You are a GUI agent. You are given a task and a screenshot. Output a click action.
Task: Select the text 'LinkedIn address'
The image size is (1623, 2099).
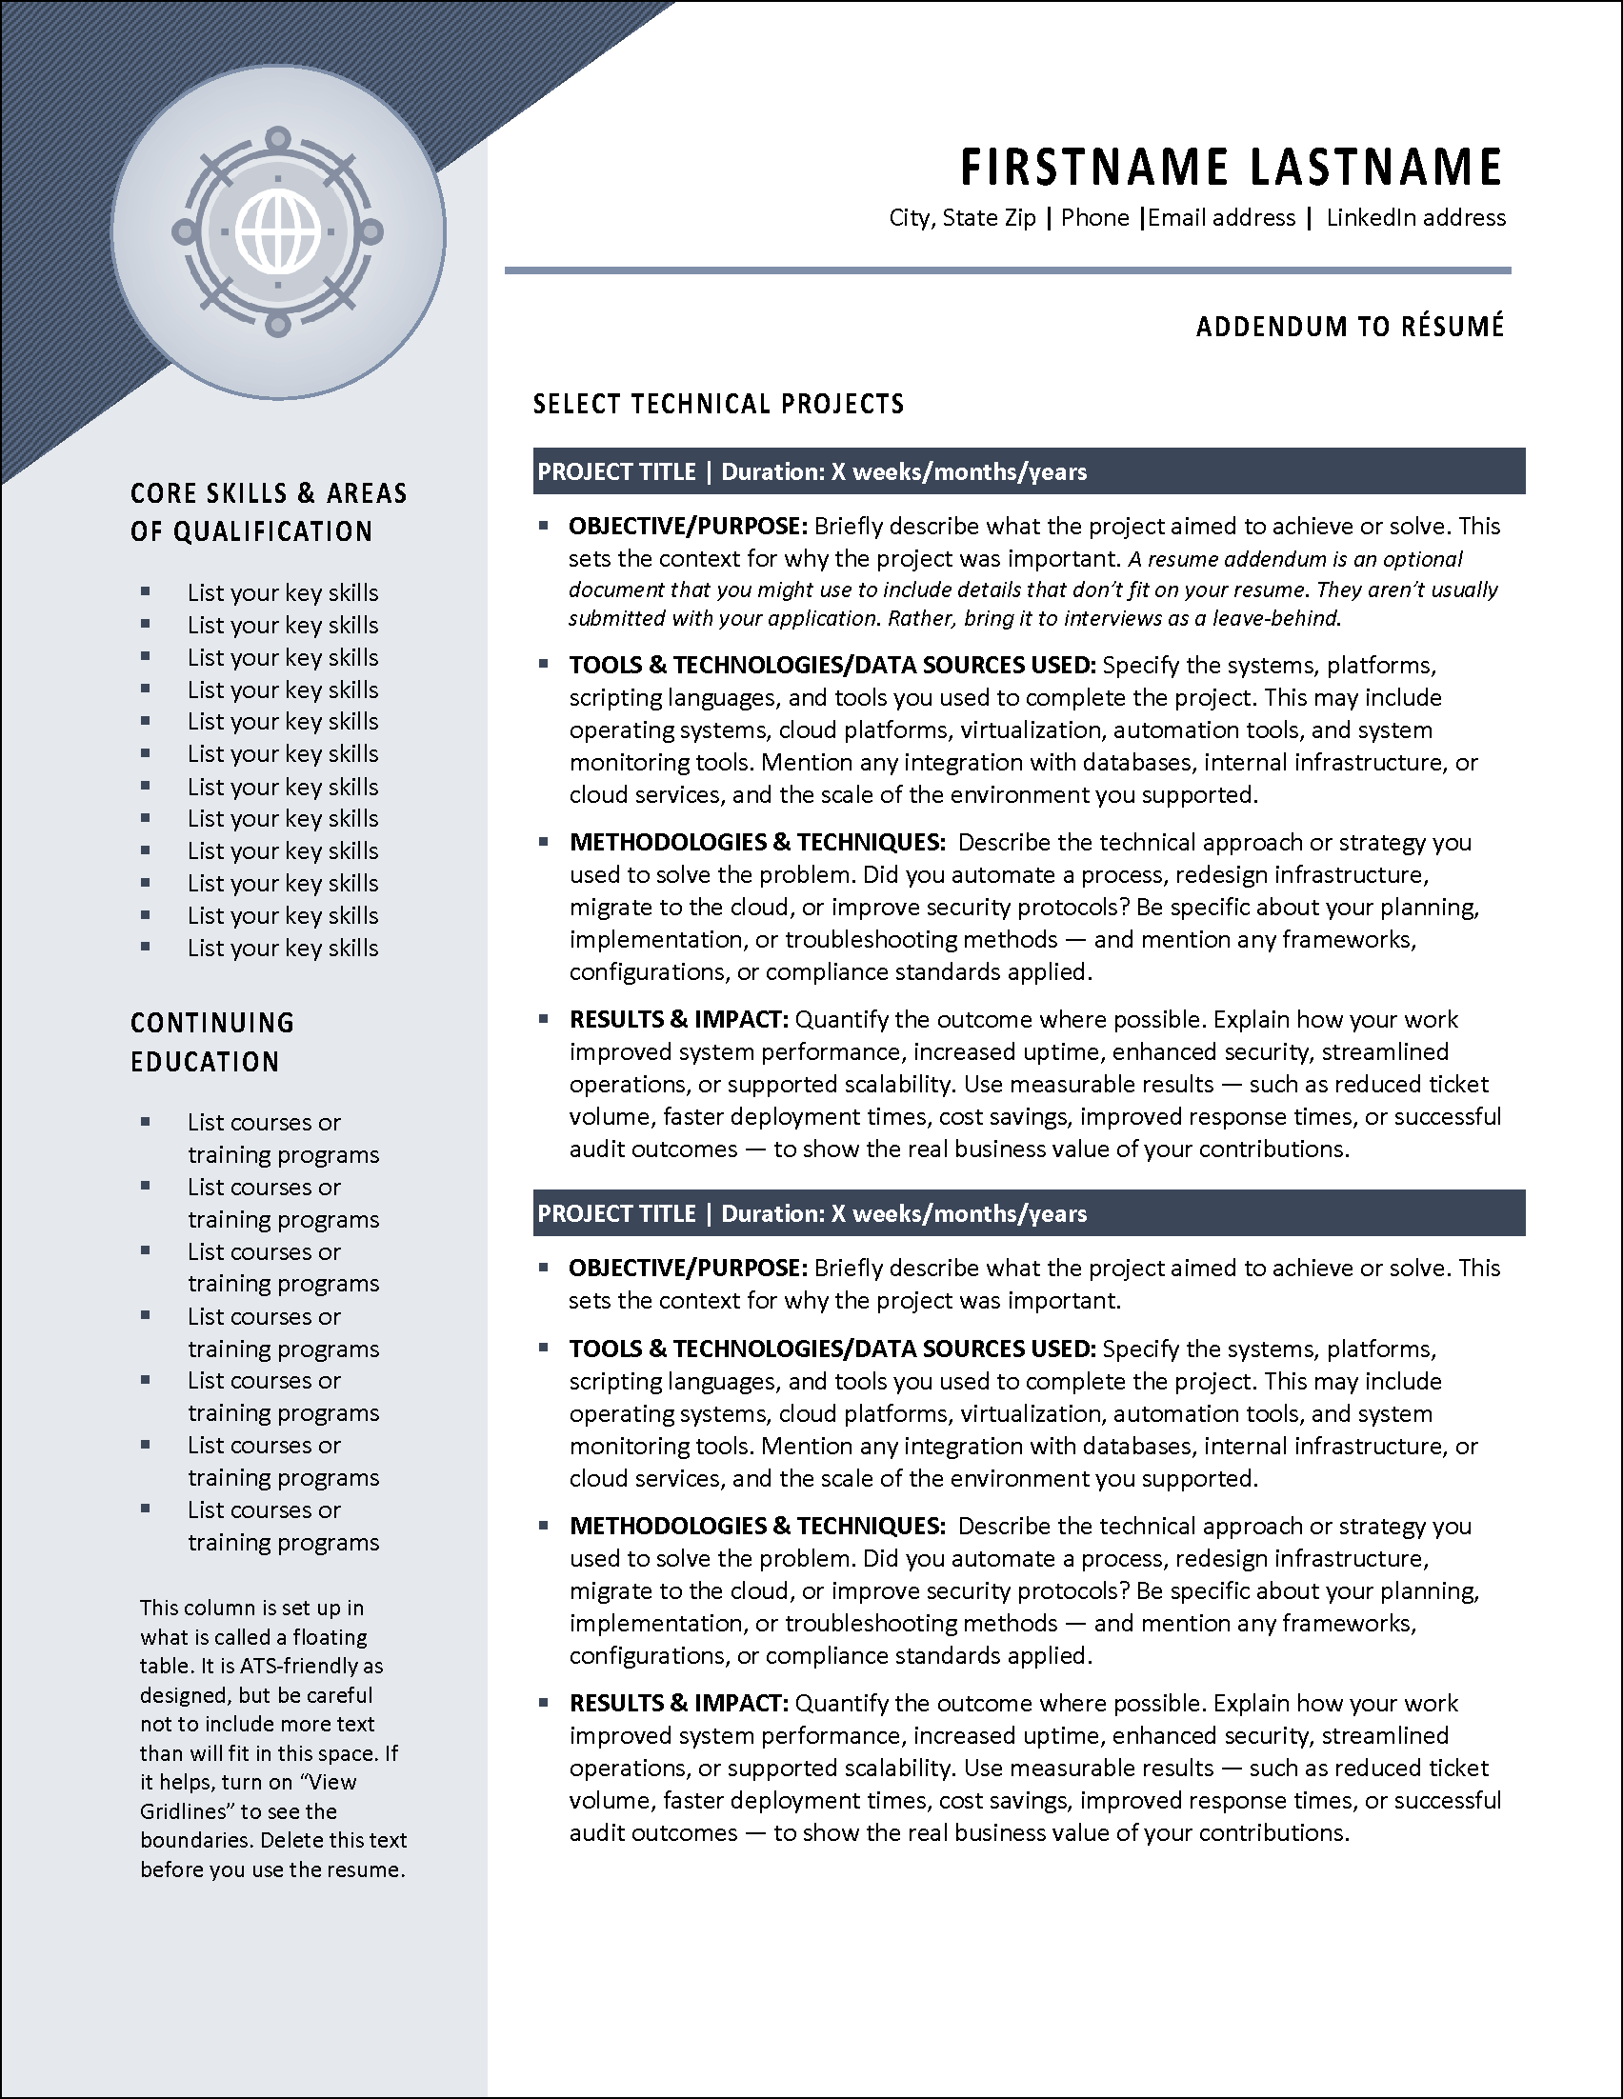(1415, 218)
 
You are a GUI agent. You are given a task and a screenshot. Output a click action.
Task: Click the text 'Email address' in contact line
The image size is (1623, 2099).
(1221, 218)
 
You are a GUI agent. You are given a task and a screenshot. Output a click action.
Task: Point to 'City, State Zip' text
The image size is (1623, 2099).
(962, 218)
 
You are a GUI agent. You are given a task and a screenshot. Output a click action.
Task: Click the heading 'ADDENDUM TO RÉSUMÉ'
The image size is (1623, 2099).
(1349, 327)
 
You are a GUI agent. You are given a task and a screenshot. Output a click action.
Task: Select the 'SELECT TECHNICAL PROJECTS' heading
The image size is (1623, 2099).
(719, 404)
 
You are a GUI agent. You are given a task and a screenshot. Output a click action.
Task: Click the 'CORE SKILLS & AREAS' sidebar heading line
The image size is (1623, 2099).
(268, 493)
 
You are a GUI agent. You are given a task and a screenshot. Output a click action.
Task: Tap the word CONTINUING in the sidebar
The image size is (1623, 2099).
(212, 1023)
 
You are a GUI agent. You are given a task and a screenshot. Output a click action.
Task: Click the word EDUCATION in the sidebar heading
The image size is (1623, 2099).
(205, 1062)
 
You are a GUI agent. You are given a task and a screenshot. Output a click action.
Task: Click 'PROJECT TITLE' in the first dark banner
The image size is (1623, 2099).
(617, 471)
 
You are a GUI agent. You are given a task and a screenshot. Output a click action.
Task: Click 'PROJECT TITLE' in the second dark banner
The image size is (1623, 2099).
(617, 1214)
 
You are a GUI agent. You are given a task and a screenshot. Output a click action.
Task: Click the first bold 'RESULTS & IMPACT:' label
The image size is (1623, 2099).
(678, 1019)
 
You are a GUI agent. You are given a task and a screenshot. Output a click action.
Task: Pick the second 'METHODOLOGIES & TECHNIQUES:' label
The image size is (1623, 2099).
(757, 1527)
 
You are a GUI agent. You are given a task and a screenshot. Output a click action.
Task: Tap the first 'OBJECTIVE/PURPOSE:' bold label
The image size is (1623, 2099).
(687, 527)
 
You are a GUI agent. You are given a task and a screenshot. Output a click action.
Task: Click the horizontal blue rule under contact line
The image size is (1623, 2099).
(1007, 271)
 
